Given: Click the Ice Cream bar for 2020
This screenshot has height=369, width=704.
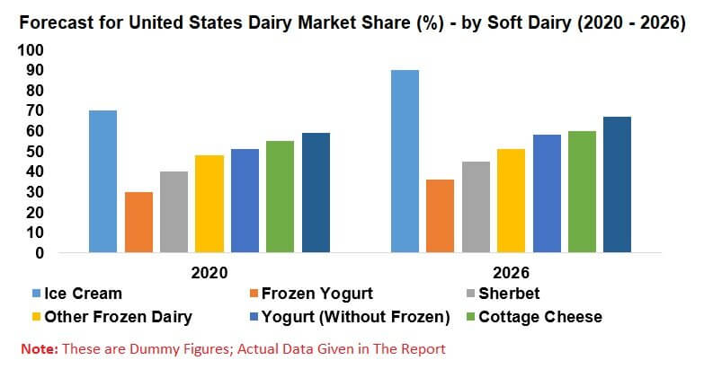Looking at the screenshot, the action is [x=102, y=181].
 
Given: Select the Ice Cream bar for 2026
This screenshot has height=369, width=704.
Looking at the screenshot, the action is [x=405, y=161].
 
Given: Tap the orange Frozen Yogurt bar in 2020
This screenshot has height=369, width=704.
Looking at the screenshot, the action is [x=138, y=222].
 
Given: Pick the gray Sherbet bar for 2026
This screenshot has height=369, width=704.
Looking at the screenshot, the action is [x=476, y=206].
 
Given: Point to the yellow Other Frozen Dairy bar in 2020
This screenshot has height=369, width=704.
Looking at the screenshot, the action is [x=209, y=204].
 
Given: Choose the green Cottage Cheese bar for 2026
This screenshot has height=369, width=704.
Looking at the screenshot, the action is [x=582, y=191].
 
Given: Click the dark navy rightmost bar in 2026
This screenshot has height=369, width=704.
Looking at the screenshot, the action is [x=618, y=184].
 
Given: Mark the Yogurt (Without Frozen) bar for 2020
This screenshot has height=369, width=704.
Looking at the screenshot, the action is [x=245, y=200].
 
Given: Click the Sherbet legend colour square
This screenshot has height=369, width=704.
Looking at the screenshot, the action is [x=470, y=294].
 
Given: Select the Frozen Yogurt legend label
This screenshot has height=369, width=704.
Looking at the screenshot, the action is [x=317, y=294].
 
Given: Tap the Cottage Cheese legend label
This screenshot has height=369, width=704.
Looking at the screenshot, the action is [x=540, y=317].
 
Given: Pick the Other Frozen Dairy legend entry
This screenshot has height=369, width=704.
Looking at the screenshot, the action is [x=112, y=317].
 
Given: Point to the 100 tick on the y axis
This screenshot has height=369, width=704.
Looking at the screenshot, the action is [x=31, y=49].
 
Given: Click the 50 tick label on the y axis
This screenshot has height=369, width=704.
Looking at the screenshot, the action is [x=34, y=152].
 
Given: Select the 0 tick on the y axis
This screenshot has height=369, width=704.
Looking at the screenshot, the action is [x=40, y=253].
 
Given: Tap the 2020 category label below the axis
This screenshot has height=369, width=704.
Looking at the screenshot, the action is [x=209, y=273].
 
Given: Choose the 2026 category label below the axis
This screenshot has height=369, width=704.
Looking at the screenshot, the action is [x=511, y=273].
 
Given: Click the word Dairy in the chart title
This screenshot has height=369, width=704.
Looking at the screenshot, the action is [x=270, y=22].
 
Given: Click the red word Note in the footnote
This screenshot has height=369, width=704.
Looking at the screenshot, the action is [x=40, y=349].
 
